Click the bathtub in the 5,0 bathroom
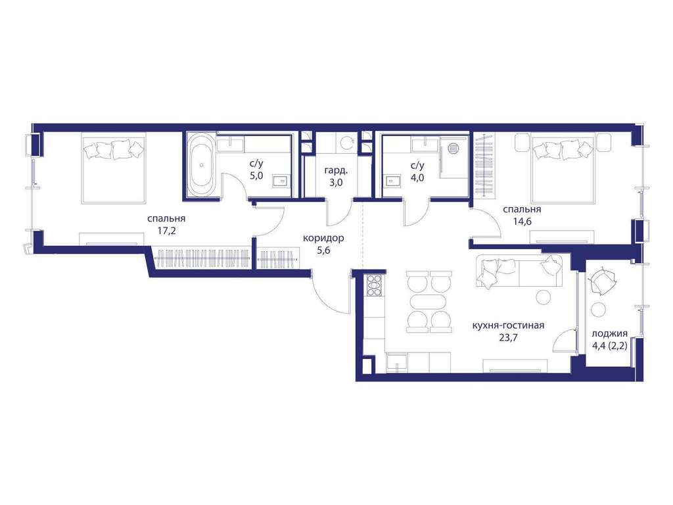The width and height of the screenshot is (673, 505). tap(201, 164)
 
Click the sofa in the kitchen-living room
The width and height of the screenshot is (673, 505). tap(519, 270)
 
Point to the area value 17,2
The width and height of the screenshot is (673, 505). tap(166, 230)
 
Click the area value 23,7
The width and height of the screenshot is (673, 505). tap(508, 337)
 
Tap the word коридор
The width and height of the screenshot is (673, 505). tap(323, 238)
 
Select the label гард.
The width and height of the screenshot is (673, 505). tap(336, 170)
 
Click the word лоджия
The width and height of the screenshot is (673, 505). tap(609, 334)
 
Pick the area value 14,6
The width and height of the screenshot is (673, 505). tap(521, 222)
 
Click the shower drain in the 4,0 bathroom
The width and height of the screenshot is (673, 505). tap(453, 148)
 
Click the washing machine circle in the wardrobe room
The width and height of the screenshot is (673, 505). tap(344, 142)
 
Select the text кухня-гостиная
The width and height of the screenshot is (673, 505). tap(508, 325)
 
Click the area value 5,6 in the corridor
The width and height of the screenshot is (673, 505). tap(323, 251)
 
